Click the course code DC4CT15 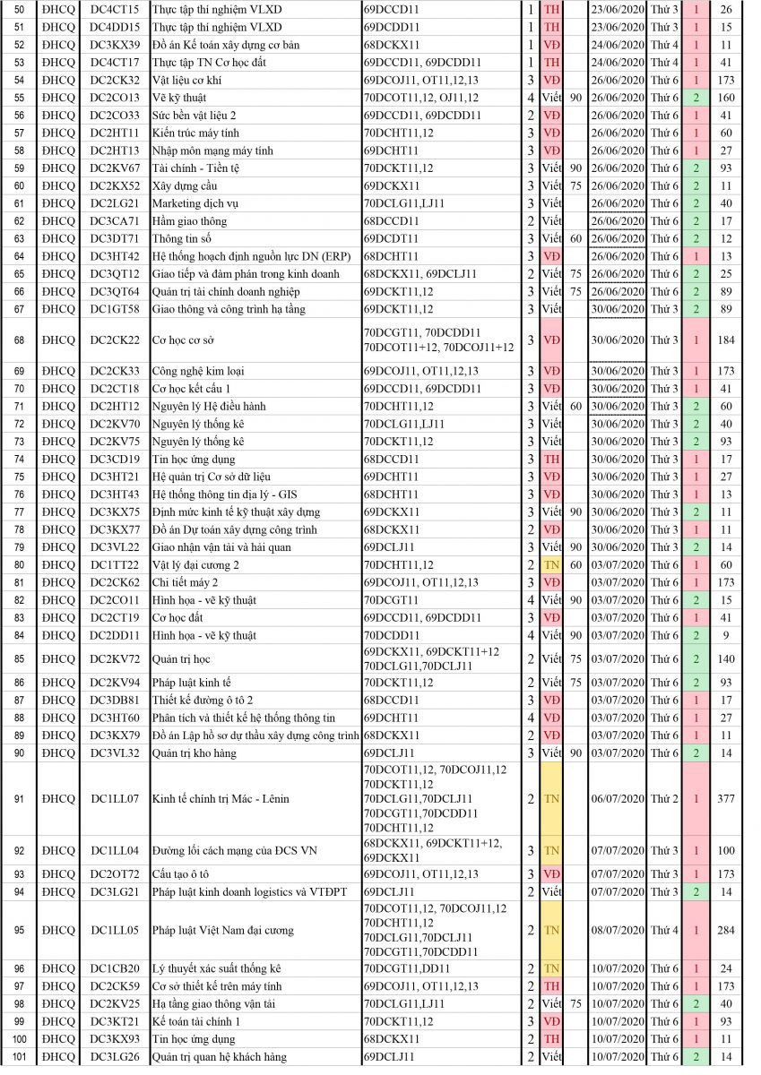(115, 9)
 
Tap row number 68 (19, 340)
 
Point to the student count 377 (725, 798)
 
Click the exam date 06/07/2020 (617, 798)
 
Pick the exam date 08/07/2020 (617, 930)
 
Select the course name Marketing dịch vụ (195, 203)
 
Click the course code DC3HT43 (115, 494)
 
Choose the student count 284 (725, 930)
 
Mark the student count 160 (725, 98)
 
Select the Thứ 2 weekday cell (664, 798)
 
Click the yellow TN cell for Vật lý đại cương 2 (551, 565)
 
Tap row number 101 (19, 1057)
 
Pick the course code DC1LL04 (115, 850)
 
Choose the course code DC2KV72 (115, 658)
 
